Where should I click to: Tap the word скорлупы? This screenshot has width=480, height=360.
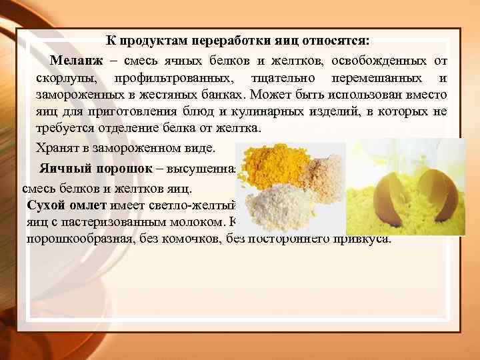tap(65, 78)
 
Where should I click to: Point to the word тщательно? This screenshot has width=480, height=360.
tap(279, 78)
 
